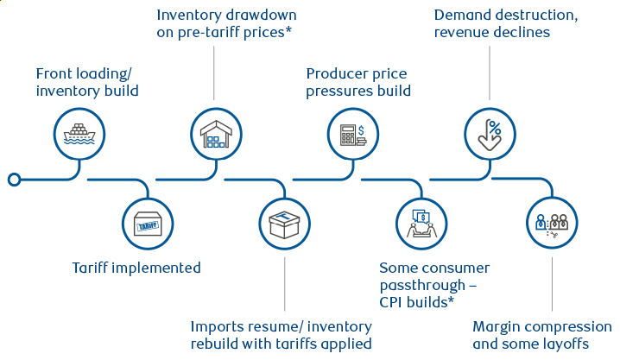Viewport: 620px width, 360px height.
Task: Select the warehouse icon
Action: point(215,135)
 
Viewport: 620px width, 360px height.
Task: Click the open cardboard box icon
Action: point(284,224)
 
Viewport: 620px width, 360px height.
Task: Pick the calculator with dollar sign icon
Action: point(352,135)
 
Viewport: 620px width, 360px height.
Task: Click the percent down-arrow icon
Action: point(490,135)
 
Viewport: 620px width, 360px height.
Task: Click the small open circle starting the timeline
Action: point(14,180)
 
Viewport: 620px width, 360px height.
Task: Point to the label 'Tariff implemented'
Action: point(136,268)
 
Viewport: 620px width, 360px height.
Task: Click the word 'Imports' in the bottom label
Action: point(217,327)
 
